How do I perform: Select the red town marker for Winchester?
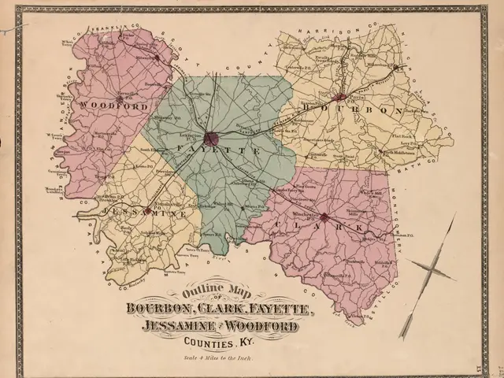point(324,215)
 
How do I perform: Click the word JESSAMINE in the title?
point(172,326)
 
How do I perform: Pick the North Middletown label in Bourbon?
point(401,152)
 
